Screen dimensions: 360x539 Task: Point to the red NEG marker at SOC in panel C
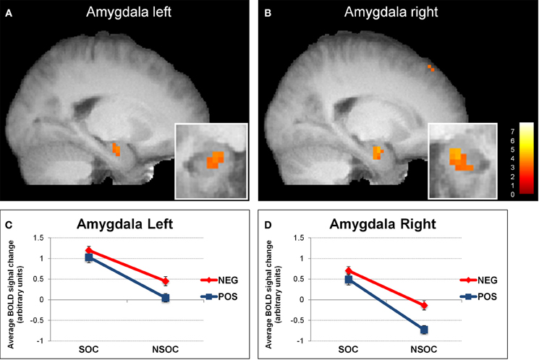pos(89,250)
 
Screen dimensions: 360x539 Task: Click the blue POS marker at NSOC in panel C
pos(166,298)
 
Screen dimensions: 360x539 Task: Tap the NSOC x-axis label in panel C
pos(166,350)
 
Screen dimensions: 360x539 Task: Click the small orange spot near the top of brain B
pos(430,68)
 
